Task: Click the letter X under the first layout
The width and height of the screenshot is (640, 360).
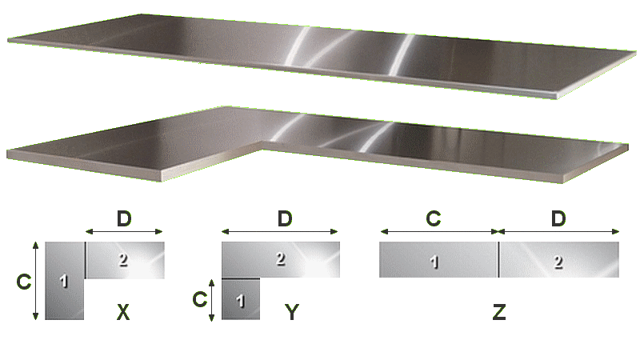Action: [x=123, y=313]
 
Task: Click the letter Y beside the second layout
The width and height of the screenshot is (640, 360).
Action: [x=292, y=313]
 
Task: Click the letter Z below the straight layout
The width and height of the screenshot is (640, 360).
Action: [x=499, y=313]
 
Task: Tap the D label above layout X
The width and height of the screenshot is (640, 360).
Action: [x=124, y=218]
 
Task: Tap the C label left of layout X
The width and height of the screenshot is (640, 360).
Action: [x=24, y=282]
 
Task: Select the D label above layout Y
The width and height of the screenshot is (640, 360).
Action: [x=285, y=218]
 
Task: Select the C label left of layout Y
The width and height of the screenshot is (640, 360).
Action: [x=199, y=299]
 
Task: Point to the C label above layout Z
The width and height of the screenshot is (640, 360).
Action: [x=434, y=218]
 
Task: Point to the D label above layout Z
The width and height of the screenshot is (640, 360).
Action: [x=558, y=218]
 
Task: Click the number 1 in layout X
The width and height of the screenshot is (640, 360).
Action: [x=64, y=282]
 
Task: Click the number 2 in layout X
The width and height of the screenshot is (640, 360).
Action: [x=123, y=260]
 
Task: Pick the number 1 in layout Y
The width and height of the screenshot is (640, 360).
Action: [x=241, y=302]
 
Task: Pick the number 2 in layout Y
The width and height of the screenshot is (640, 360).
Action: [x=280, y=258]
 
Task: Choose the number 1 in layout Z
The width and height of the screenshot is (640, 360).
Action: [x=434, y=262]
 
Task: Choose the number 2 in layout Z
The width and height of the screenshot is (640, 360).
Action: [x=558, y=262]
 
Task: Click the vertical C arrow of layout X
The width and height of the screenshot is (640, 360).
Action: [x=35, y=281]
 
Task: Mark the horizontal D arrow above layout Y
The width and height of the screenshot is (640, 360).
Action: [x=280, y=232]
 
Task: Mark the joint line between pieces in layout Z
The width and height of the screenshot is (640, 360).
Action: [x=498, y=259]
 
